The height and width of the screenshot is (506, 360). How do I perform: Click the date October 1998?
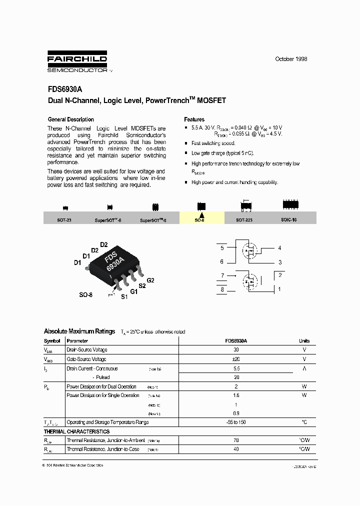[x=291, y=59]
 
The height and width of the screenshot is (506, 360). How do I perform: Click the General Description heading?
[x=70, y=119]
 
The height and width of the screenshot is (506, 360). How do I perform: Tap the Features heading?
[x=194, y=119]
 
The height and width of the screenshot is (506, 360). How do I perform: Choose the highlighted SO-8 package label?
[x=199, y=219]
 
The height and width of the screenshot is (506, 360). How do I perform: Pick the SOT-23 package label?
[x=64, y=219]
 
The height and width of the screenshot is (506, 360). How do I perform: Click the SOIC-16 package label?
[x=289, y=219]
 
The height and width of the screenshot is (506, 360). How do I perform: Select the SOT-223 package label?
[x=244, y=219]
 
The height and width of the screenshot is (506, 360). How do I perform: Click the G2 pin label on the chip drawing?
[x=150, y=280]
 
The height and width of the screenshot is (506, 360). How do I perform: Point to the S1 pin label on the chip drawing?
[x=124, y=296]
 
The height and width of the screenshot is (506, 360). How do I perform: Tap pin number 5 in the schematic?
[x=222, y=247]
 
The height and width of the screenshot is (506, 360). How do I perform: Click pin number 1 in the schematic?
[x=280, y=289]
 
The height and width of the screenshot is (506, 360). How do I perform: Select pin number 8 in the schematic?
[x=222, y=289]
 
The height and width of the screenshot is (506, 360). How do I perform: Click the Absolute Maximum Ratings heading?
[x=79, y=331]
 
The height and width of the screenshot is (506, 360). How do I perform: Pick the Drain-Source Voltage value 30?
[x=236, y=350]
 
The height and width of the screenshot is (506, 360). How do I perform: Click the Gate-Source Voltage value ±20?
[x=236, y=359]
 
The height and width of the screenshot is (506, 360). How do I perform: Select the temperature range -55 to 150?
[x=236, y=422]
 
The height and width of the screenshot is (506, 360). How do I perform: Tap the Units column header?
[x=304, y=340]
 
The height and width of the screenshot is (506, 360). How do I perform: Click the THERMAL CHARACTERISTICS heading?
[x=76, y=431]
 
